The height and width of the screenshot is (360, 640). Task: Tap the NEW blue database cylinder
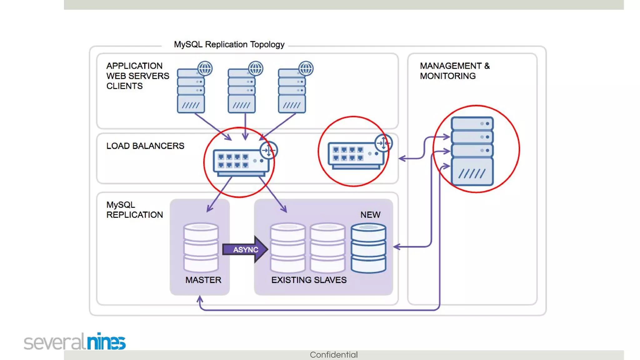click(368, 248)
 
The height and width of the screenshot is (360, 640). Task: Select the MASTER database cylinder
click(201, 247)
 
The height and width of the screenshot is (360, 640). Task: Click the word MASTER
click(203, 280)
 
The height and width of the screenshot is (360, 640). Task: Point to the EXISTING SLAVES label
click(309, 280)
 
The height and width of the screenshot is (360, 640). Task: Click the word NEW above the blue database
click(370, 215)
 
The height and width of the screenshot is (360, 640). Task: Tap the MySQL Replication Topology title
click(229, 44)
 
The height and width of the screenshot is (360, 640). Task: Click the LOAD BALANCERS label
click(145, 146)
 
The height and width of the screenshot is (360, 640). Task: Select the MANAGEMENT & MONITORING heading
click(454, 71)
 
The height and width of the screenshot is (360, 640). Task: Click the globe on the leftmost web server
click(205, 68)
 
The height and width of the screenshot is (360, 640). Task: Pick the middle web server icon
click(242, 91)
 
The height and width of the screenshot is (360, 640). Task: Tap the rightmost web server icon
click(292, 91)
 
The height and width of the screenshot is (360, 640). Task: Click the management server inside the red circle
click(472, 151)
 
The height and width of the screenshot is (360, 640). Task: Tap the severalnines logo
click(75, 342)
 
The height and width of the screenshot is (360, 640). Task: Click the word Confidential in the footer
click(334, 355)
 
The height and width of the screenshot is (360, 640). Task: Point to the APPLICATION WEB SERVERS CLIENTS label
click(137, 76)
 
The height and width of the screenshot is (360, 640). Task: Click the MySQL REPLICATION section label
click(134, 210)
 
